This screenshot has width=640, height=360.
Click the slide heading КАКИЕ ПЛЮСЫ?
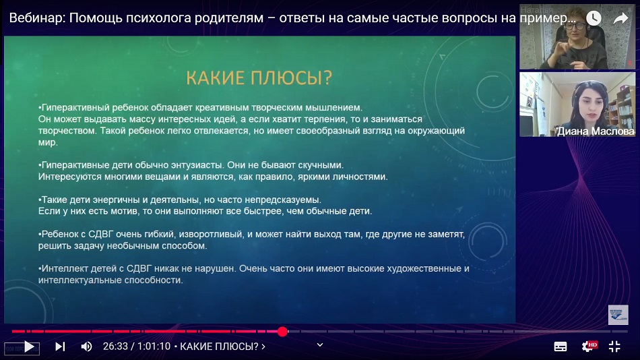259,78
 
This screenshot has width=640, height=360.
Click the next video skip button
60,347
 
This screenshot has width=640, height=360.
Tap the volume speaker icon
86,347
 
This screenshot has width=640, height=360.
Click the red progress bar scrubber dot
282,332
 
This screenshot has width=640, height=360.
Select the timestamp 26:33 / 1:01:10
136,347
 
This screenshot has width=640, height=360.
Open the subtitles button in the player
561,347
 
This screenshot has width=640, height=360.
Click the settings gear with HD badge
589,347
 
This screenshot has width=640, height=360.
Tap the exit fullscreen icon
614,347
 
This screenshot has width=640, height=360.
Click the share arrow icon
621,18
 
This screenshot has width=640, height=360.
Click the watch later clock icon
594,18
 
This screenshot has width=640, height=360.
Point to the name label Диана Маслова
596,131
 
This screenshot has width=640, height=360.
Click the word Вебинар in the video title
37,18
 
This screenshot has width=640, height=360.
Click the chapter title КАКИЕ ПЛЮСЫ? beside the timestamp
219,347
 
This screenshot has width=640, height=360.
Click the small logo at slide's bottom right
618,314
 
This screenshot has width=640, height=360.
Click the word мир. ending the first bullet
48,143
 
